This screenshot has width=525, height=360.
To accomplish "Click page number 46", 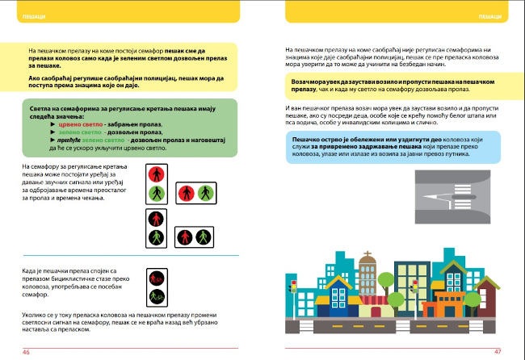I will tap(27, 352).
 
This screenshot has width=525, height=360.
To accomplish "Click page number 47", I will tap(498, 351).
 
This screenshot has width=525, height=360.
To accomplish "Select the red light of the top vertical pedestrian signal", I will tap(156, 174).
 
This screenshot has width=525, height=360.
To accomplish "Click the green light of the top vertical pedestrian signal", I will tap(156, 194).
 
